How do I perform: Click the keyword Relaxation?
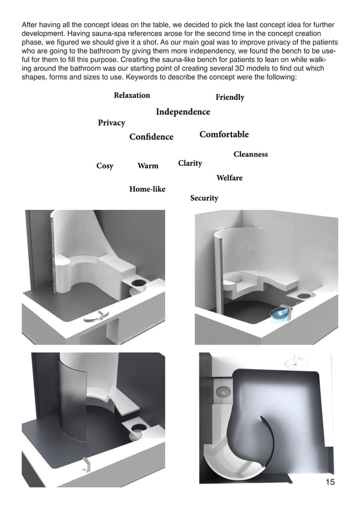coord(131,95)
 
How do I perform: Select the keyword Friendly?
coord(230,97)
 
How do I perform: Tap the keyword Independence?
coord(183,112)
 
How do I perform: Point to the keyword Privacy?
coord(111,122)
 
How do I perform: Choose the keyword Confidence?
coord(151,137)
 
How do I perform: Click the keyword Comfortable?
coord(224,134)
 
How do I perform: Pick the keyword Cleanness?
coord(251,154)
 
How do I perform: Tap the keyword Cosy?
coord(105,166)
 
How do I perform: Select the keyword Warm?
coord(148,166)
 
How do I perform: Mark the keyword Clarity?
coord(190,163)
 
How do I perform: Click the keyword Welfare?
coord(229,178)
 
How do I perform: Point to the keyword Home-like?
coord(147,189)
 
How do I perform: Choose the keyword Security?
coord(204,198)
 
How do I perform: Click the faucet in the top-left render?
coord(94,318)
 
